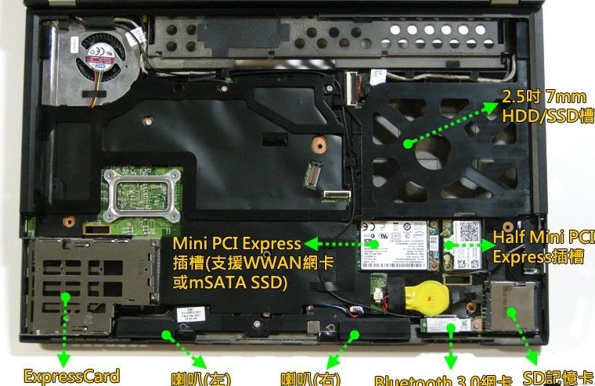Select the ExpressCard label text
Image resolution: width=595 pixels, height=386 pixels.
[71, 376]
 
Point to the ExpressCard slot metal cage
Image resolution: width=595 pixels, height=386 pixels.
[90, 286]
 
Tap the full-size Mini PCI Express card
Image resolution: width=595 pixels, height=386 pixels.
[394, 245]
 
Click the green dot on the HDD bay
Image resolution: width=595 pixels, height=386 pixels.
[407, 144]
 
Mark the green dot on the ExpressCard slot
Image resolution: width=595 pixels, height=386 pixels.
[65, 298]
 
